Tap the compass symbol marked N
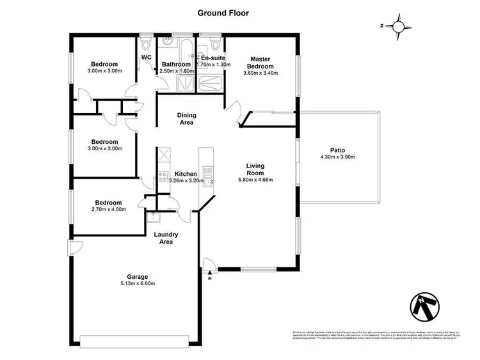[399, 26]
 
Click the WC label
[146, 58]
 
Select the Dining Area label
[186, 118]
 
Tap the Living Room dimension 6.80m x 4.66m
[255, 180]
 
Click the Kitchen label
[186, 174]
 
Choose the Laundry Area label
[166, 239]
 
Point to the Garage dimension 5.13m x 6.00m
[138, 284]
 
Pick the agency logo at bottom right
[423, 308]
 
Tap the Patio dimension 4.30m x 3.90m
[337, 157]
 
